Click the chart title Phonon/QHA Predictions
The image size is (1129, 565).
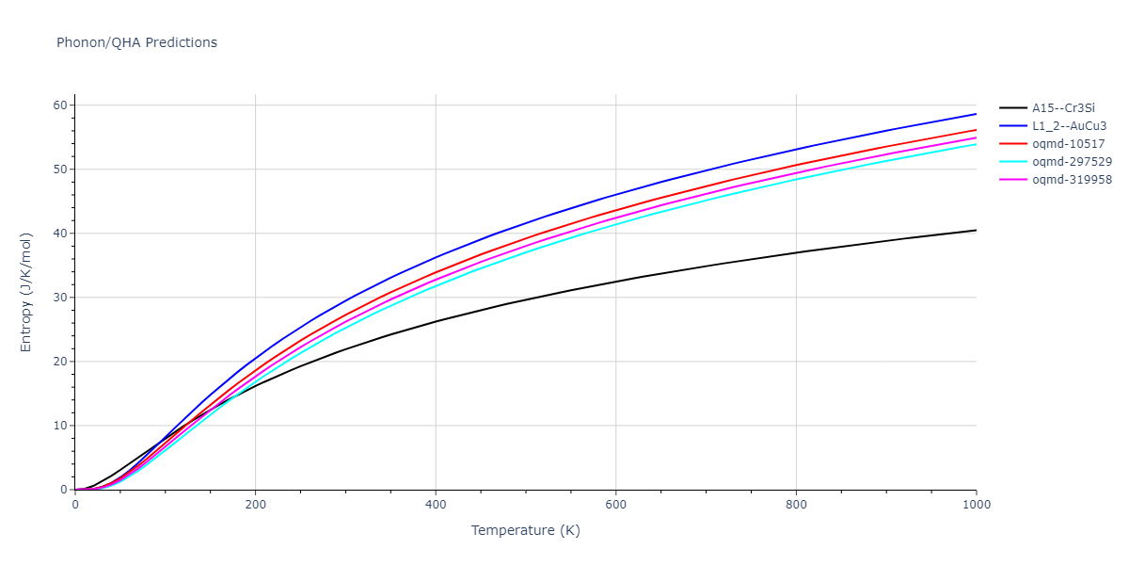point(136,42)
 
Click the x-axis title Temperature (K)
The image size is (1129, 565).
point(526,530)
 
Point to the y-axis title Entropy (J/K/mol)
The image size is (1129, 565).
point(27,292)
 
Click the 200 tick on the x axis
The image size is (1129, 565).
point(255,505)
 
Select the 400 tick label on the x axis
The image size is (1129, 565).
point(436,505)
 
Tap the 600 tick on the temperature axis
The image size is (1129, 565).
point(615,505)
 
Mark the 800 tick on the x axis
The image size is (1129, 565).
point(796,505)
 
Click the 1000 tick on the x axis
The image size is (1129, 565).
point(976,505)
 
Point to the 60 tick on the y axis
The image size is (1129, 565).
point(59,105)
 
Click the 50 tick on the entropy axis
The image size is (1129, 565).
point(59,169)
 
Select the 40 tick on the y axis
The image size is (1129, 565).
point(59,234)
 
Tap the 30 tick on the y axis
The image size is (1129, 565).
point(59,298)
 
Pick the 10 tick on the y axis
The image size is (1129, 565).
point(59,426)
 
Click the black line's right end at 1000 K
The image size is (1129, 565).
point(976,230)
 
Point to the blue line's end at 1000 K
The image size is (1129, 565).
point(976,114)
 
